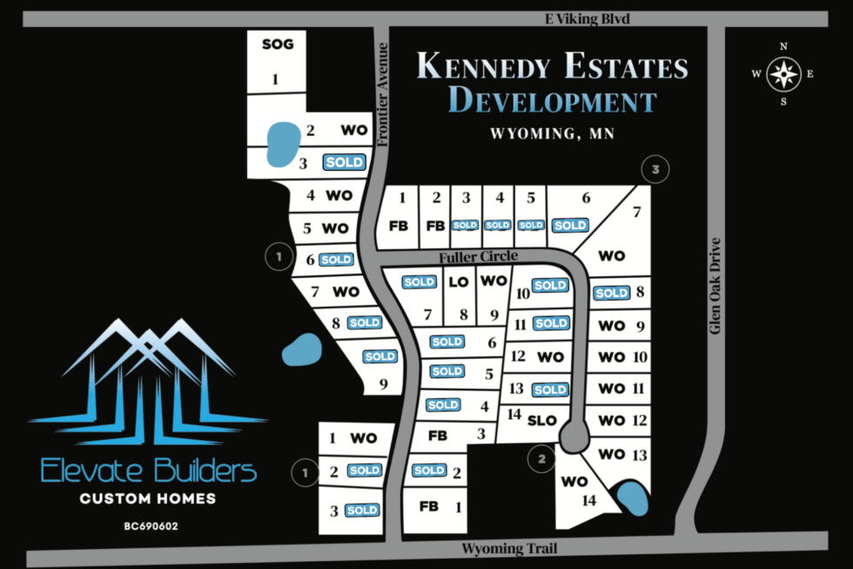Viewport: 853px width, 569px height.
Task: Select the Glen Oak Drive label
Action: pyautogui.click(x=715, y=286)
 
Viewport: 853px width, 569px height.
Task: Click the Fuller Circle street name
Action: pyautogui.click(x=479, y=256)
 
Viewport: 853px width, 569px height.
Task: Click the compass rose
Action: pyautogui.click(x=784, y=74)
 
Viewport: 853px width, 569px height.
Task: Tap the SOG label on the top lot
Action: pyautogui.click(x=278, y=44)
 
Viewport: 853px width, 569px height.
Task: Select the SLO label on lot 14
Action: pyautogui.click(x=541, y=419)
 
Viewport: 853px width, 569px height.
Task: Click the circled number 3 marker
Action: pyautogui.click(x=655, y=169)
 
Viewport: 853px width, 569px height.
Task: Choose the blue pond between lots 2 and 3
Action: pyautogui.click(x=279, y=144)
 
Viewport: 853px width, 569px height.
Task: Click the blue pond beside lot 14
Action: pyautogui.click(x=632, y=499)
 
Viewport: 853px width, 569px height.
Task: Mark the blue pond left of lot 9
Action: pyautogui.click(x=301, y=350)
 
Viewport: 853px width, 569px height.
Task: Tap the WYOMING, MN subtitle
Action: pyautogui.click(x=552, y=134)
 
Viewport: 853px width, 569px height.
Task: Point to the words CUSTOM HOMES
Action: pyautogui.click(x=148, y=499)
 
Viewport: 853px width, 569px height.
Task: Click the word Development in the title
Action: pyautogui.click(x=552, y=101)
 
